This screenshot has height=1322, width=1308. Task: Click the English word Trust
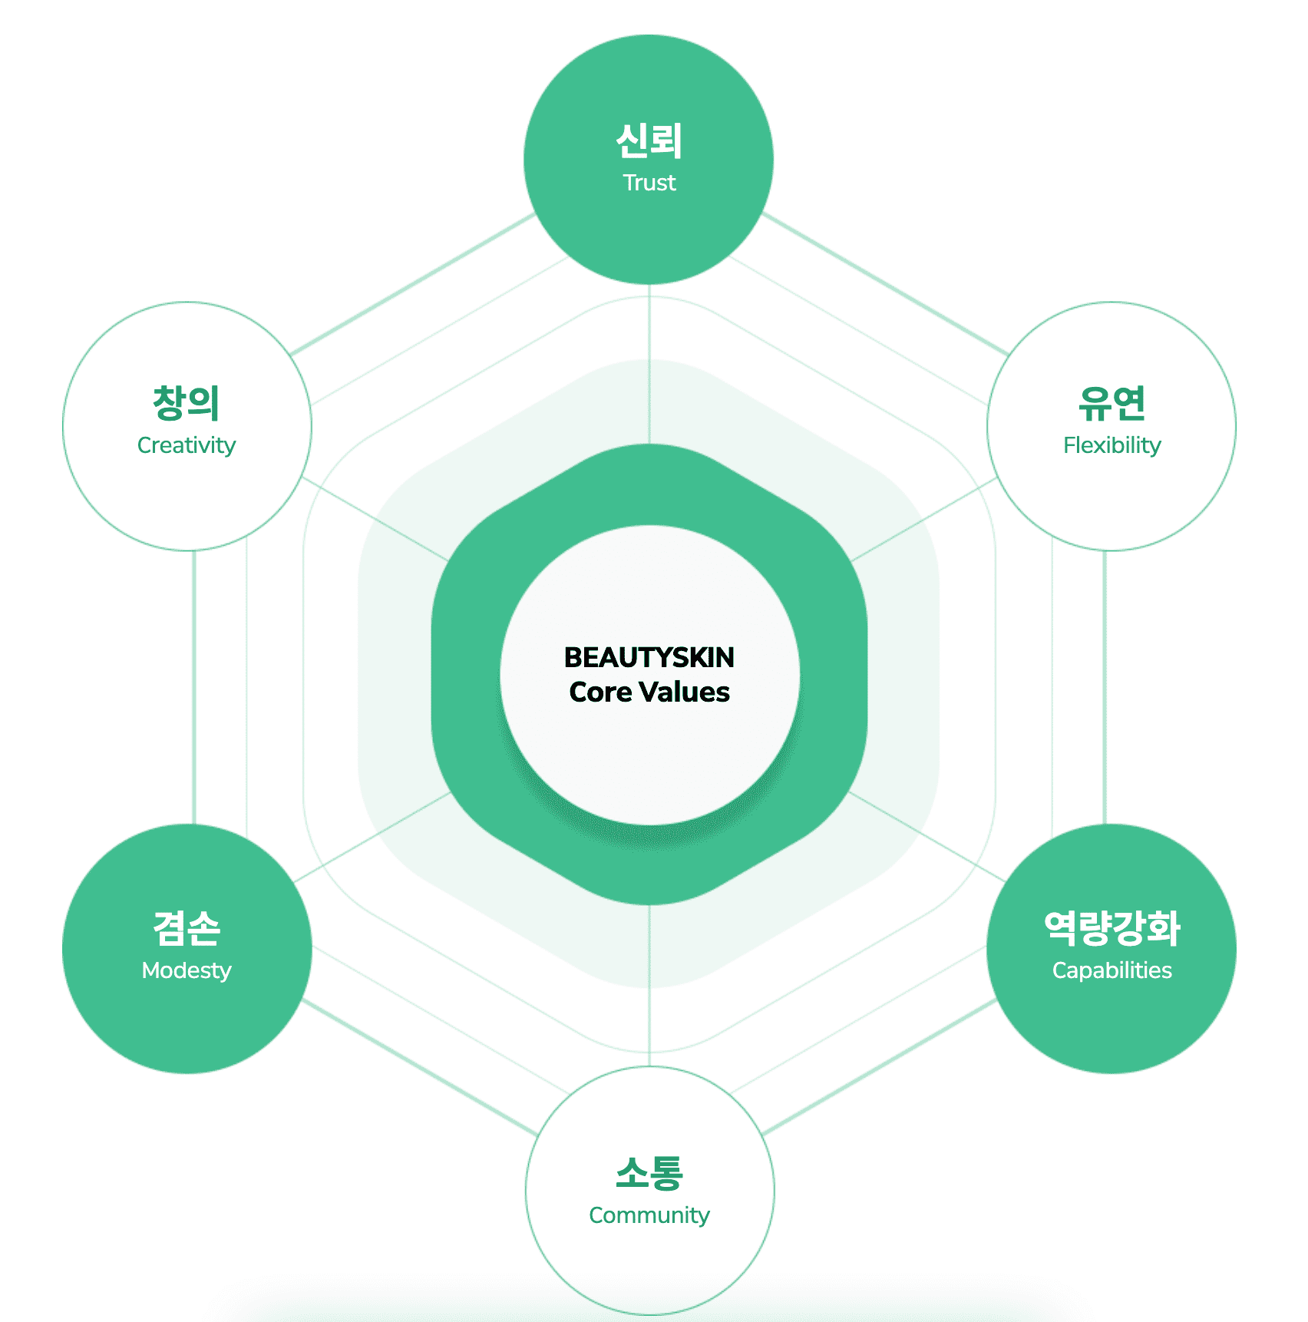click(x=649, y=183)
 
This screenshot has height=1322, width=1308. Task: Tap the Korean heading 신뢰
click(x=649, y=141)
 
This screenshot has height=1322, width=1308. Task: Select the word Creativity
click(x=187, y=445)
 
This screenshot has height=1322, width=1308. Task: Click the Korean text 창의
click(x=187, y=403)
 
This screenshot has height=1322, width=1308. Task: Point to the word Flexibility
click(x=1111, y=445)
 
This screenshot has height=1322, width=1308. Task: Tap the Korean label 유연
click(x=1111, y=403)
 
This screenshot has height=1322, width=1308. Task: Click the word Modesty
click(x=187, y=970)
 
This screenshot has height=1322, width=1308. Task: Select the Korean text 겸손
click(x=187, y=928)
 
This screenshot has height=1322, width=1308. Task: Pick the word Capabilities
click(x=1111, y=970)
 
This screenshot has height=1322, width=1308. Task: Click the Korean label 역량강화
click(x=1111, y=928)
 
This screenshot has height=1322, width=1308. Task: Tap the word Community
click(x=649, y=1215)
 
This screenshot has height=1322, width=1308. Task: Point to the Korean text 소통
click(x=649, y=1173)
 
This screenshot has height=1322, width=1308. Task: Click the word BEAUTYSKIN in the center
click(x=649, y=658)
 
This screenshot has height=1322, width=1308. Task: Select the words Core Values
click(x=649, y=692)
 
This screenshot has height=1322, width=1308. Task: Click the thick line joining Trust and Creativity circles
click(x=413, y=285)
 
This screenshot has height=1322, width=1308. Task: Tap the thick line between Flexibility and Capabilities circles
click(x=1105, y=687)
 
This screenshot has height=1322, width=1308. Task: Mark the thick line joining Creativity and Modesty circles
click(x=194, y=687)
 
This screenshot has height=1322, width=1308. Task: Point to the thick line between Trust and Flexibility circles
click(x=885, y=285)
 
